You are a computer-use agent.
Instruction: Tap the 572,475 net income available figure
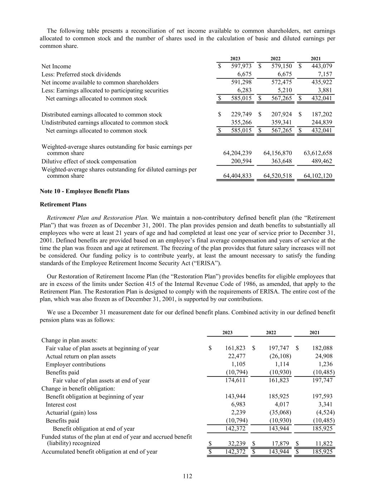(x=282, y=82)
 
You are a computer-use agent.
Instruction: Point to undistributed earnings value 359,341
(x=282, y=123)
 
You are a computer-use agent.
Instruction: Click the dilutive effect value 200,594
(x=241, y=161)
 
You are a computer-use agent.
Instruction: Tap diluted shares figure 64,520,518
(x=278, y=176)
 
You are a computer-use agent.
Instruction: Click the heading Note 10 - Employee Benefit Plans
(x=84, y=191)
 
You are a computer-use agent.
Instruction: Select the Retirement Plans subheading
(x=63, y=204)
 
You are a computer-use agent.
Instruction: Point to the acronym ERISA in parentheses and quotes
(x=209, y=263)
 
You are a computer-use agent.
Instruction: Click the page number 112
(x=187, y=476)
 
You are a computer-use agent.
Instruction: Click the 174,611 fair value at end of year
(x=235, y=380)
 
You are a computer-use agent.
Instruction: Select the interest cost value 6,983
(x=238, y=405)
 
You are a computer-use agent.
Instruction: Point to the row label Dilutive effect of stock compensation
(x=89, y=161)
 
